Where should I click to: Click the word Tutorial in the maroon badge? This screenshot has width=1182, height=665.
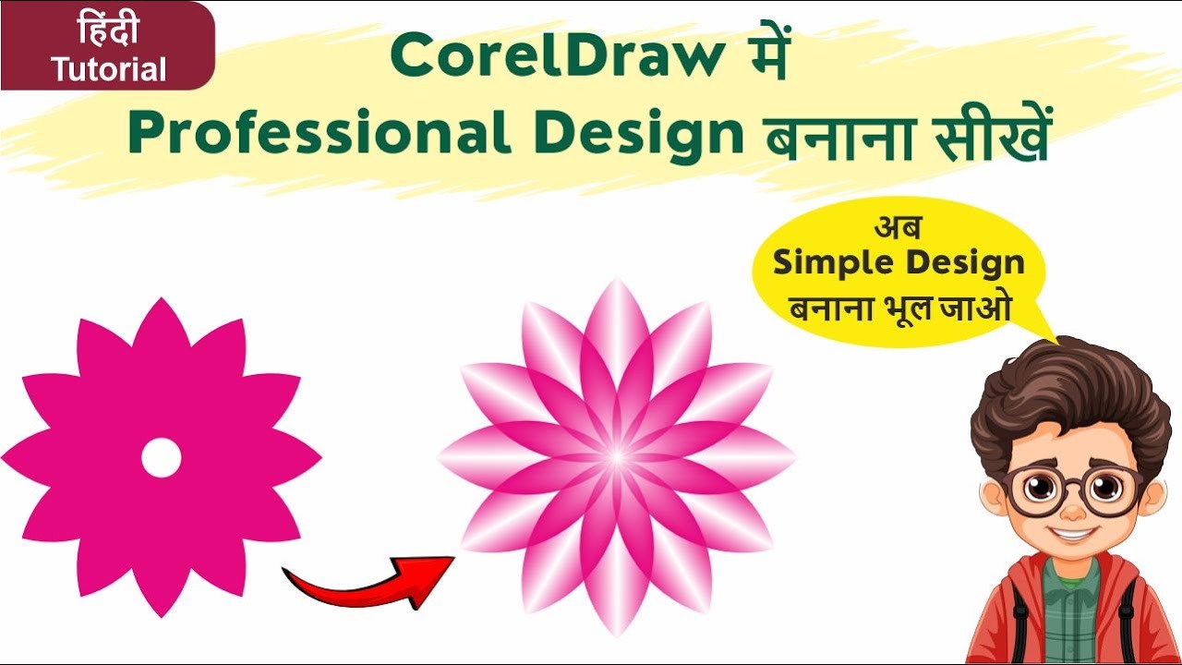109,69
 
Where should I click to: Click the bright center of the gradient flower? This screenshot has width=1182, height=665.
616,457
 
